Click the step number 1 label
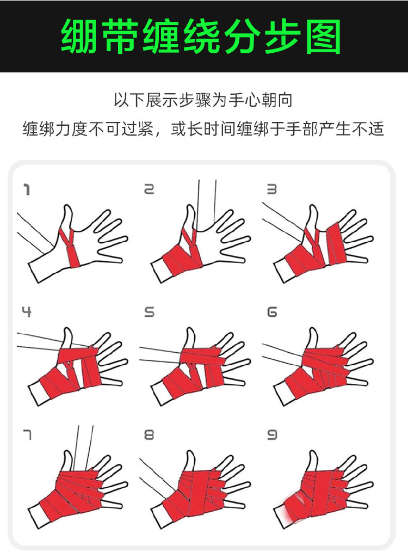tap(27, 189)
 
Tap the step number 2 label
tap(149, 189)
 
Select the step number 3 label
tap(272, 189)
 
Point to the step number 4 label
tap(26, 312)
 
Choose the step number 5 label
tap(150, 312)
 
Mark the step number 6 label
tap(272, 312)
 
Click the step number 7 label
tap(27, 435)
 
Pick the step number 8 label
tap(150, 434)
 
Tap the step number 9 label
tap(272, 434)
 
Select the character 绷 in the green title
tap(79, 36)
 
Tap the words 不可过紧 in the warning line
tap(121, 128)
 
